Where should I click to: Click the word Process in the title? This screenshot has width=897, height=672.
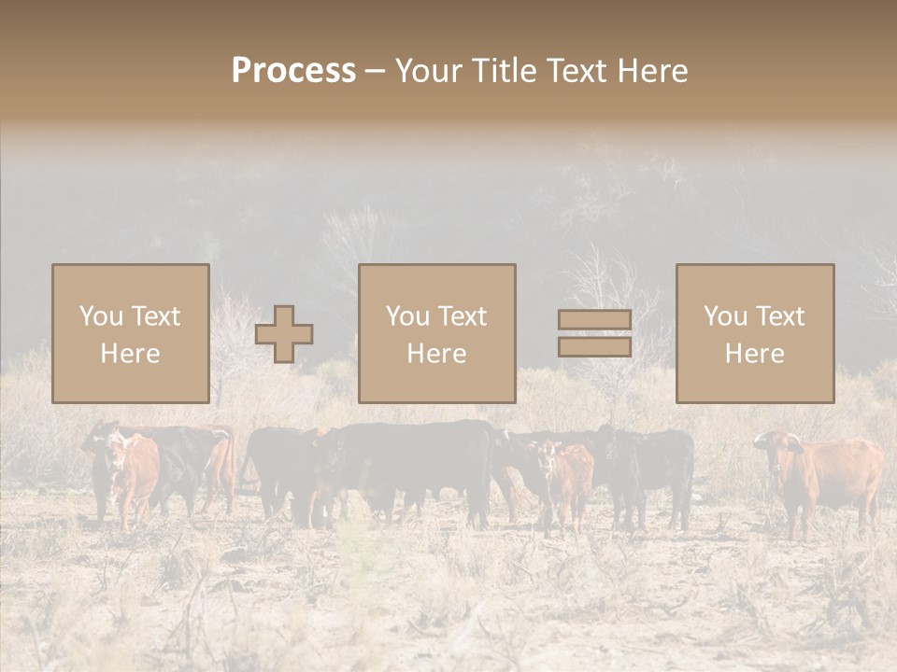(x=293, y=70)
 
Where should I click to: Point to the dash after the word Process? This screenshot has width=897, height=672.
(x=375, y=71)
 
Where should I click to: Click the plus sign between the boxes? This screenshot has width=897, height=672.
(x=284, y=334)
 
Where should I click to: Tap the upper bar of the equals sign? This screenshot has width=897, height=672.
(x=594, y=320)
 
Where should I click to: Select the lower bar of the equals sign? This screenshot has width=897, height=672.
(x=594, y=347)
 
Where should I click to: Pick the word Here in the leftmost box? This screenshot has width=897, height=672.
(x=130, y=353)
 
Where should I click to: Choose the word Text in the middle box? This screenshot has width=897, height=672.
(x=462, y=316)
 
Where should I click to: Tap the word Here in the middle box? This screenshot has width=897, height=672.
(x=436, y=353)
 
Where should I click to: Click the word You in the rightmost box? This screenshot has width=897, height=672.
(x=725, y=316)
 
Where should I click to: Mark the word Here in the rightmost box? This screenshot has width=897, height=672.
(x=754, y=353)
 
